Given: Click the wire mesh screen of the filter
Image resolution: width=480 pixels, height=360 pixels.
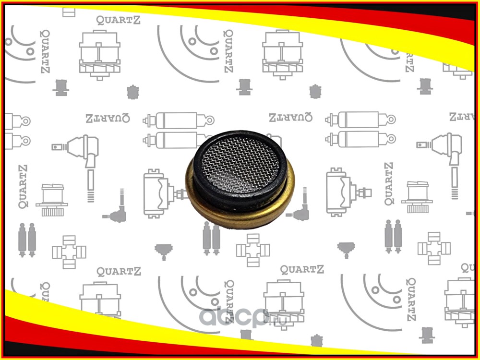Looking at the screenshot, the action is point(240,165).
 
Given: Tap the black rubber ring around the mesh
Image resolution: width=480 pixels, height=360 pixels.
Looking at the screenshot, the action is point(197,180).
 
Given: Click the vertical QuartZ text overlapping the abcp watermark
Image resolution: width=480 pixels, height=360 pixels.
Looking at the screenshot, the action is point(229,301).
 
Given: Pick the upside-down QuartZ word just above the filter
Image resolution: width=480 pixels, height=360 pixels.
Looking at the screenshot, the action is point(290,117).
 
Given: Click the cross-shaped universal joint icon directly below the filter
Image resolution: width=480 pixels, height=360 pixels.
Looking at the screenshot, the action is point(253,250).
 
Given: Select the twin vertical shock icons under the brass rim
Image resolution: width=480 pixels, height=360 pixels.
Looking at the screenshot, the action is point(211,238).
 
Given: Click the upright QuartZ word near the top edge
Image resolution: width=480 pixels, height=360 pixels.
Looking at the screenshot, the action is point(118,20).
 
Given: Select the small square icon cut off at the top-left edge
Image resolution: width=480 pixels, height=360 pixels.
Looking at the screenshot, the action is point(69,12).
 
